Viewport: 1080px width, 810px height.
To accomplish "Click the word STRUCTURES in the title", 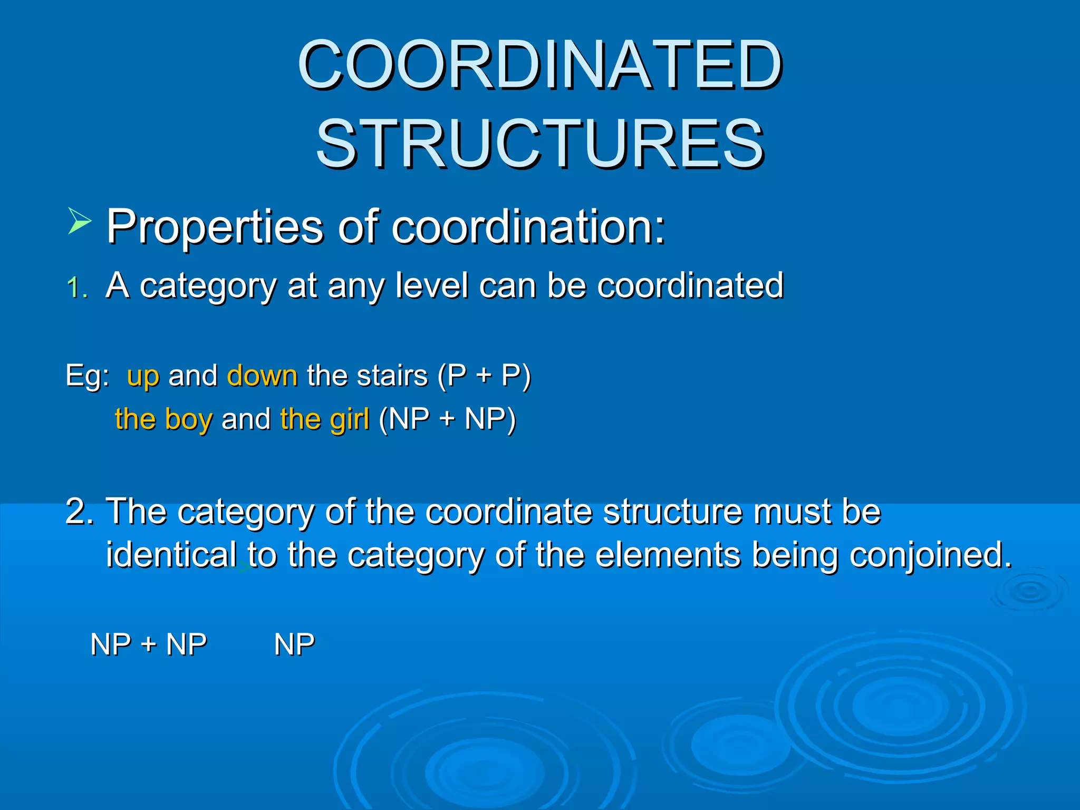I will point(540,143).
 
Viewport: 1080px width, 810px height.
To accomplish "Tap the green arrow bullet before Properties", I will point(80,221).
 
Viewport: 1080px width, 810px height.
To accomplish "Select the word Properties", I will point(215,227).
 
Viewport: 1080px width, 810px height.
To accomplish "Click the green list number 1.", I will point(76,288).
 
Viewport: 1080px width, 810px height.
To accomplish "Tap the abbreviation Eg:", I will point(88,377).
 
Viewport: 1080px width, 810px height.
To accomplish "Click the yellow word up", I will point(143,377).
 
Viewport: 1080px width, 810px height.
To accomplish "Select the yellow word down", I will point(262,375).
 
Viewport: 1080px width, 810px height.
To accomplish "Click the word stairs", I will point(392,375).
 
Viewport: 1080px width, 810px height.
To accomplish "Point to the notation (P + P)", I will point(484,377).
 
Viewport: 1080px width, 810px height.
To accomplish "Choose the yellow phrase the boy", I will point(163,419).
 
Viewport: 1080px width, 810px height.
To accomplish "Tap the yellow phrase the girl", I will point(324,419).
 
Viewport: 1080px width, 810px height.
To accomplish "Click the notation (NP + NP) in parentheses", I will point(447,419).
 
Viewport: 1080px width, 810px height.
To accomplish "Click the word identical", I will point(171,555).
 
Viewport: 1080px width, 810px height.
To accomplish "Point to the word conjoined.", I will point(930,556).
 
